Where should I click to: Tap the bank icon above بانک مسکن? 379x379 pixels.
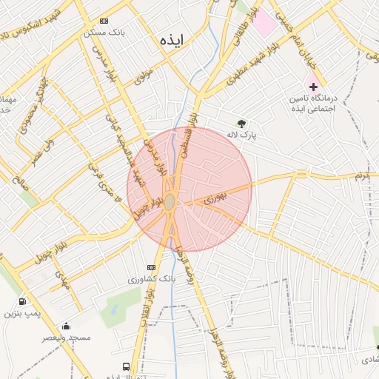tap(104, 21)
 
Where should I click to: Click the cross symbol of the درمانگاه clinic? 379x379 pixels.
tap(313, 87)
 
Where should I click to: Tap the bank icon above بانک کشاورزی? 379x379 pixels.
tap(152, 267)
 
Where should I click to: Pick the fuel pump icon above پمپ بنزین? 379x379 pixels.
tap(23, 301)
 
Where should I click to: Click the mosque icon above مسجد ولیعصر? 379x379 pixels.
tap(66, 326)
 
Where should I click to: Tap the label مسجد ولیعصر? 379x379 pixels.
tap(67, 338)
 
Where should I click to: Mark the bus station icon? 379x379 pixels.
tap(126, 366)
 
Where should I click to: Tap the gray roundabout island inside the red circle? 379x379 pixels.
tap(170, 201)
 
